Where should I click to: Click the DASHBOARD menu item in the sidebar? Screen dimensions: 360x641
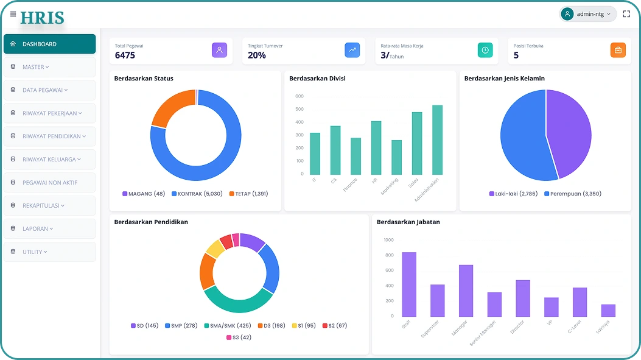coord(49,44)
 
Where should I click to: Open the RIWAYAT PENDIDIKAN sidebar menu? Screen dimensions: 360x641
coord(50,136)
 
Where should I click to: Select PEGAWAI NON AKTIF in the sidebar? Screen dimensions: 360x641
coord(50,183)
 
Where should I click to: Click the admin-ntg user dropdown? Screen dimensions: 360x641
coord(587,14)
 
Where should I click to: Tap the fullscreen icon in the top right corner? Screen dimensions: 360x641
coord(626,14)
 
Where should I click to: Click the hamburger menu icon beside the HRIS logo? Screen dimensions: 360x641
coord(13,14)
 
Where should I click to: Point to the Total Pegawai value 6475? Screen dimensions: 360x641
coord(125,55)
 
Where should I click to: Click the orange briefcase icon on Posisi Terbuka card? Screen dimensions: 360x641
coord(617,51)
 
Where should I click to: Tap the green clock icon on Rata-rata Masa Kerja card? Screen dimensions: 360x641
coord(485,51)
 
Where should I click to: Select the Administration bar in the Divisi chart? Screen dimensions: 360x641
coord(437,140)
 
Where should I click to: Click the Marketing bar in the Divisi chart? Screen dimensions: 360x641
coord(396,157)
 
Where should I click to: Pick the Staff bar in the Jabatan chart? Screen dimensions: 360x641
coord(409,284)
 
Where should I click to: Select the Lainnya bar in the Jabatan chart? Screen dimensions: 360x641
coord(608,310)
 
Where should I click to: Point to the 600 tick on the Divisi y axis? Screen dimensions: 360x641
coord(299,96)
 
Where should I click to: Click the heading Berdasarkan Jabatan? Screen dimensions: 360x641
coord(408,222)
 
